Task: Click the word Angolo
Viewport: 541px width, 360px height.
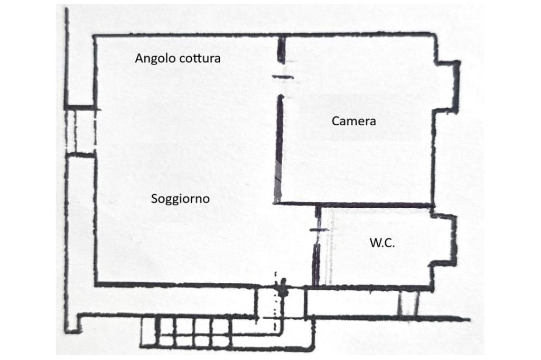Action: (154, 59)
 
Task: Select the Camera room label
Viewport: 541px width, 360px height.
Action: (353, 121)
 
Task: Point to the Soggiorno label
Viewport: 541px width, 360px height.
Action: (180, 199)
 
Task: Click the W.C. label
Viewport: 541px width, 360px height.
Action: (382, 243)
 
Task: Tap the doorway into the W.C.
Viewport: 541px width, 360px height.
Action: (317, 233)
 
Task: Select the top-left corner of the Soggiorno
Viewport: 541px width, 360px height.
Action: (95, 36)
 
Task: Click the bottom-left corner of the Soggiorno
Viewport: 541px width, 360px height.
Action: (96, 284)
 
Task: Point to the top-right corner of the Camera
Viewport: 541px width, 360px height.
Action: (434, 35)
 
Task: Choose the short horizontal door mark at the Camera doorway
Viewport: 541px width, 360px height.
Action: (283, 77)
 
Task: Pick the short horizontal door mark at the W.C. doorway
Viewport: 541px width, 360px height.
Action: (319, 230)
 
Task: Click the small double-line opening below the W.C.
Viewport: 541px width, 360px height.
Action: (408, 303)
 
